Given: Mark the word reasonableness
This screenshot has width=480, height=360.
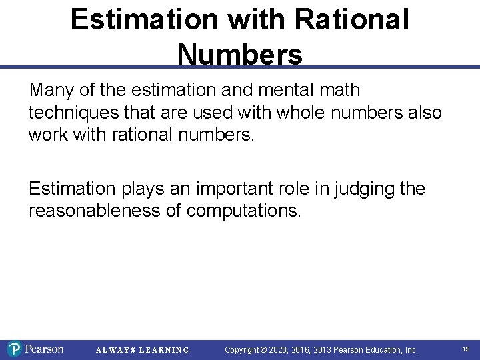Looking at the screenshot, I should point(105,211).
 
